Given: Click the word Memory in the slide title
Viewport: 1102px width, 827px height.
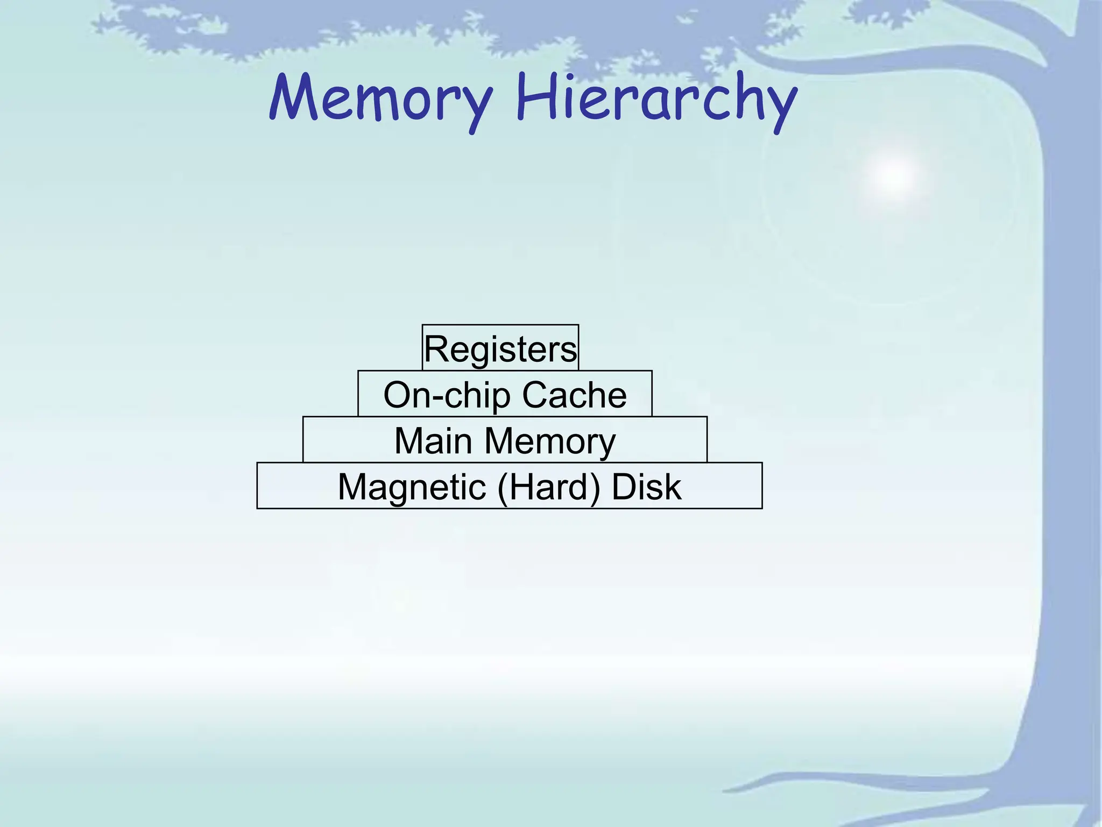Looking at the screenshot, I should point(381,100).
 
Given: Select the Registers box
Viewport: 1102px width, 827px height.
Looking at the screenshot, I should point(500,348).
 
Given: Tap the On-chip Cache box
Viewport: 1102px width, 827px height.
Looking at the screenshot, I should point(505,394).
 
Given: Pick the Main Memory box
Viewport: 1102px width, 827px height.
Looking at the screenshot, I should point(505,440).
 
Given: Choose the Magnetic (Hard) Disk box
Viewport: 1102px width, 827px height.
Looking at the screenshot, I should point(509,486).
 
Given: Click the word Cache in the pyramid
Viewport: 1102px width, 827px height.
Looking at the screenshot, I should point(574,395).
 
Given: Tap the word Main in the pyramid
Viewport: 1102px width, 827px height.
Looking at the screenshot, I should point(433,441).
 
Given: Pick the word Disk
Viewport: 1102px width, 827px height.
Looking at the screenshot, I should point(646,487).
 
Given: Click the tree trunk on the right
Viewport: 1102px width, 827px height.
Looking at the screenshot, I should point(1071,431).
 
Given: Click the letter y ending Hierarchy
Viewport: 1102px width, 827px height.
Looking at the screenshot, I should point(780,108).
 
